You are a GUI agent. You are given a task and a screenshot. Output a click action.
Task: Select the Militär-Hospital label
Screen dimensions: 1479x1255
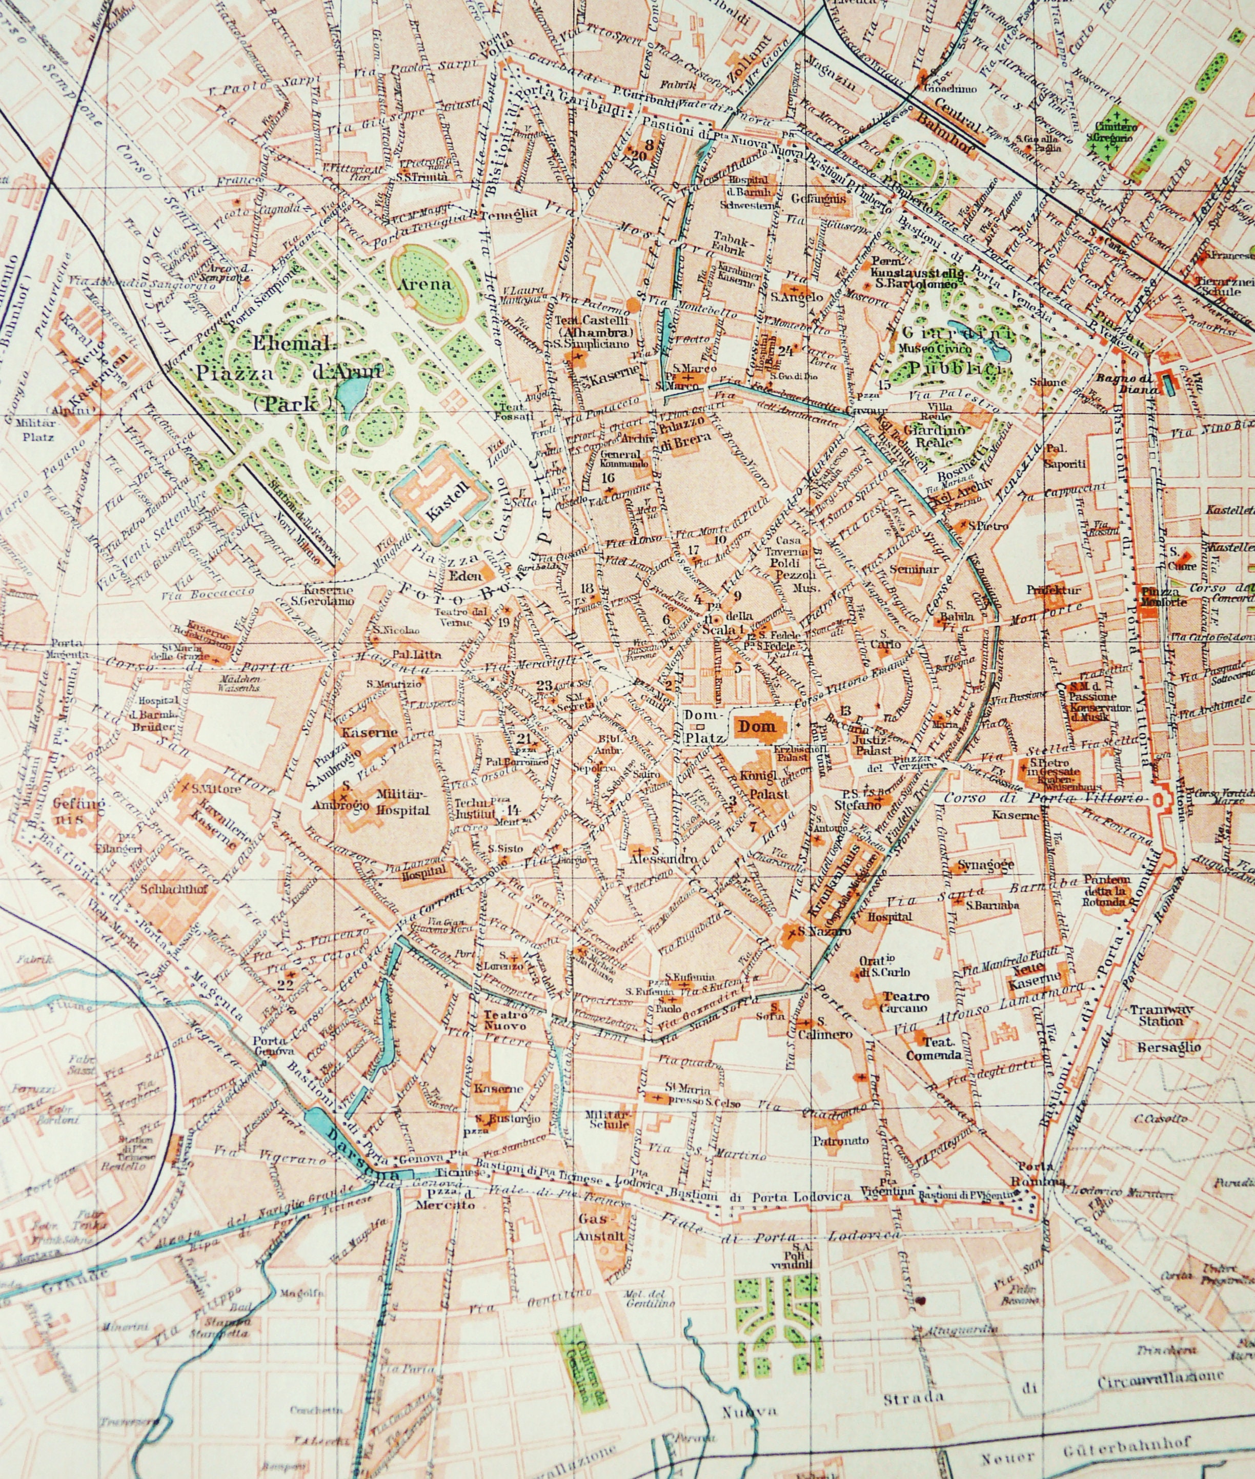pyautogui.click(x=402, y=803)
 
